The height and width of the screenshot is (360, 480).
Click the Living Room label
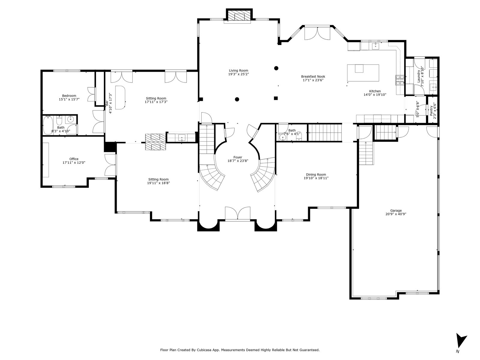click(238, 70)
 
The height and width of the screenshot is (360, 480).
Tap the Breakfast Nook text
click(313, 76)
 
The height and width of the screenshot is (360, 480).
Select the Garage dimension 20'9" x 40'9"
click(396, 214)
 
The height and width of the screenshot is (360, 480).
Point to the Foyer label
click(238, 157)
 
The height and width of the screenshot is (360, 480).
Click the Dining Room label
click(316, 175)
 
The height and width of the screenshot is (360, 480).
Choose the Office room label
click(74, 159)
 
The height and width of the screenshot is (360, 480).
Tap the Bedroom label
click(69, 96)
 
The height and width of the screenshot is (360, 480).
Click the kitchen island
click(363, 73)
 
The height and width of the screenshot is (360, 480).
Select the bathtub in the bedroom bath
click(48, 125)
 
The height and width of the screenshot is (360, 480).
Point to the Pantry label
click(431, 111)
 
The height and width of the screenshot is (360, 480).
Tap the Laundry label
click(418, 76)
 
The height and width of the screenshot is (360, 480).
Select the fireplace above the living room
click(239, 16)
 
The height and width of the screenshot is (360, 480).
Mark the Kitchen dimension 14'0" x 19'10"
click(375, 95)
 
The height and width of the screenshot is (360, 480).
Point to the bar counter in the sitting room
click(120, 97)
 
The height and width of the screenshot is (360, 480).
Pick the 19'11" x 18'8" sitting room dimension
click(158, 183)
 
